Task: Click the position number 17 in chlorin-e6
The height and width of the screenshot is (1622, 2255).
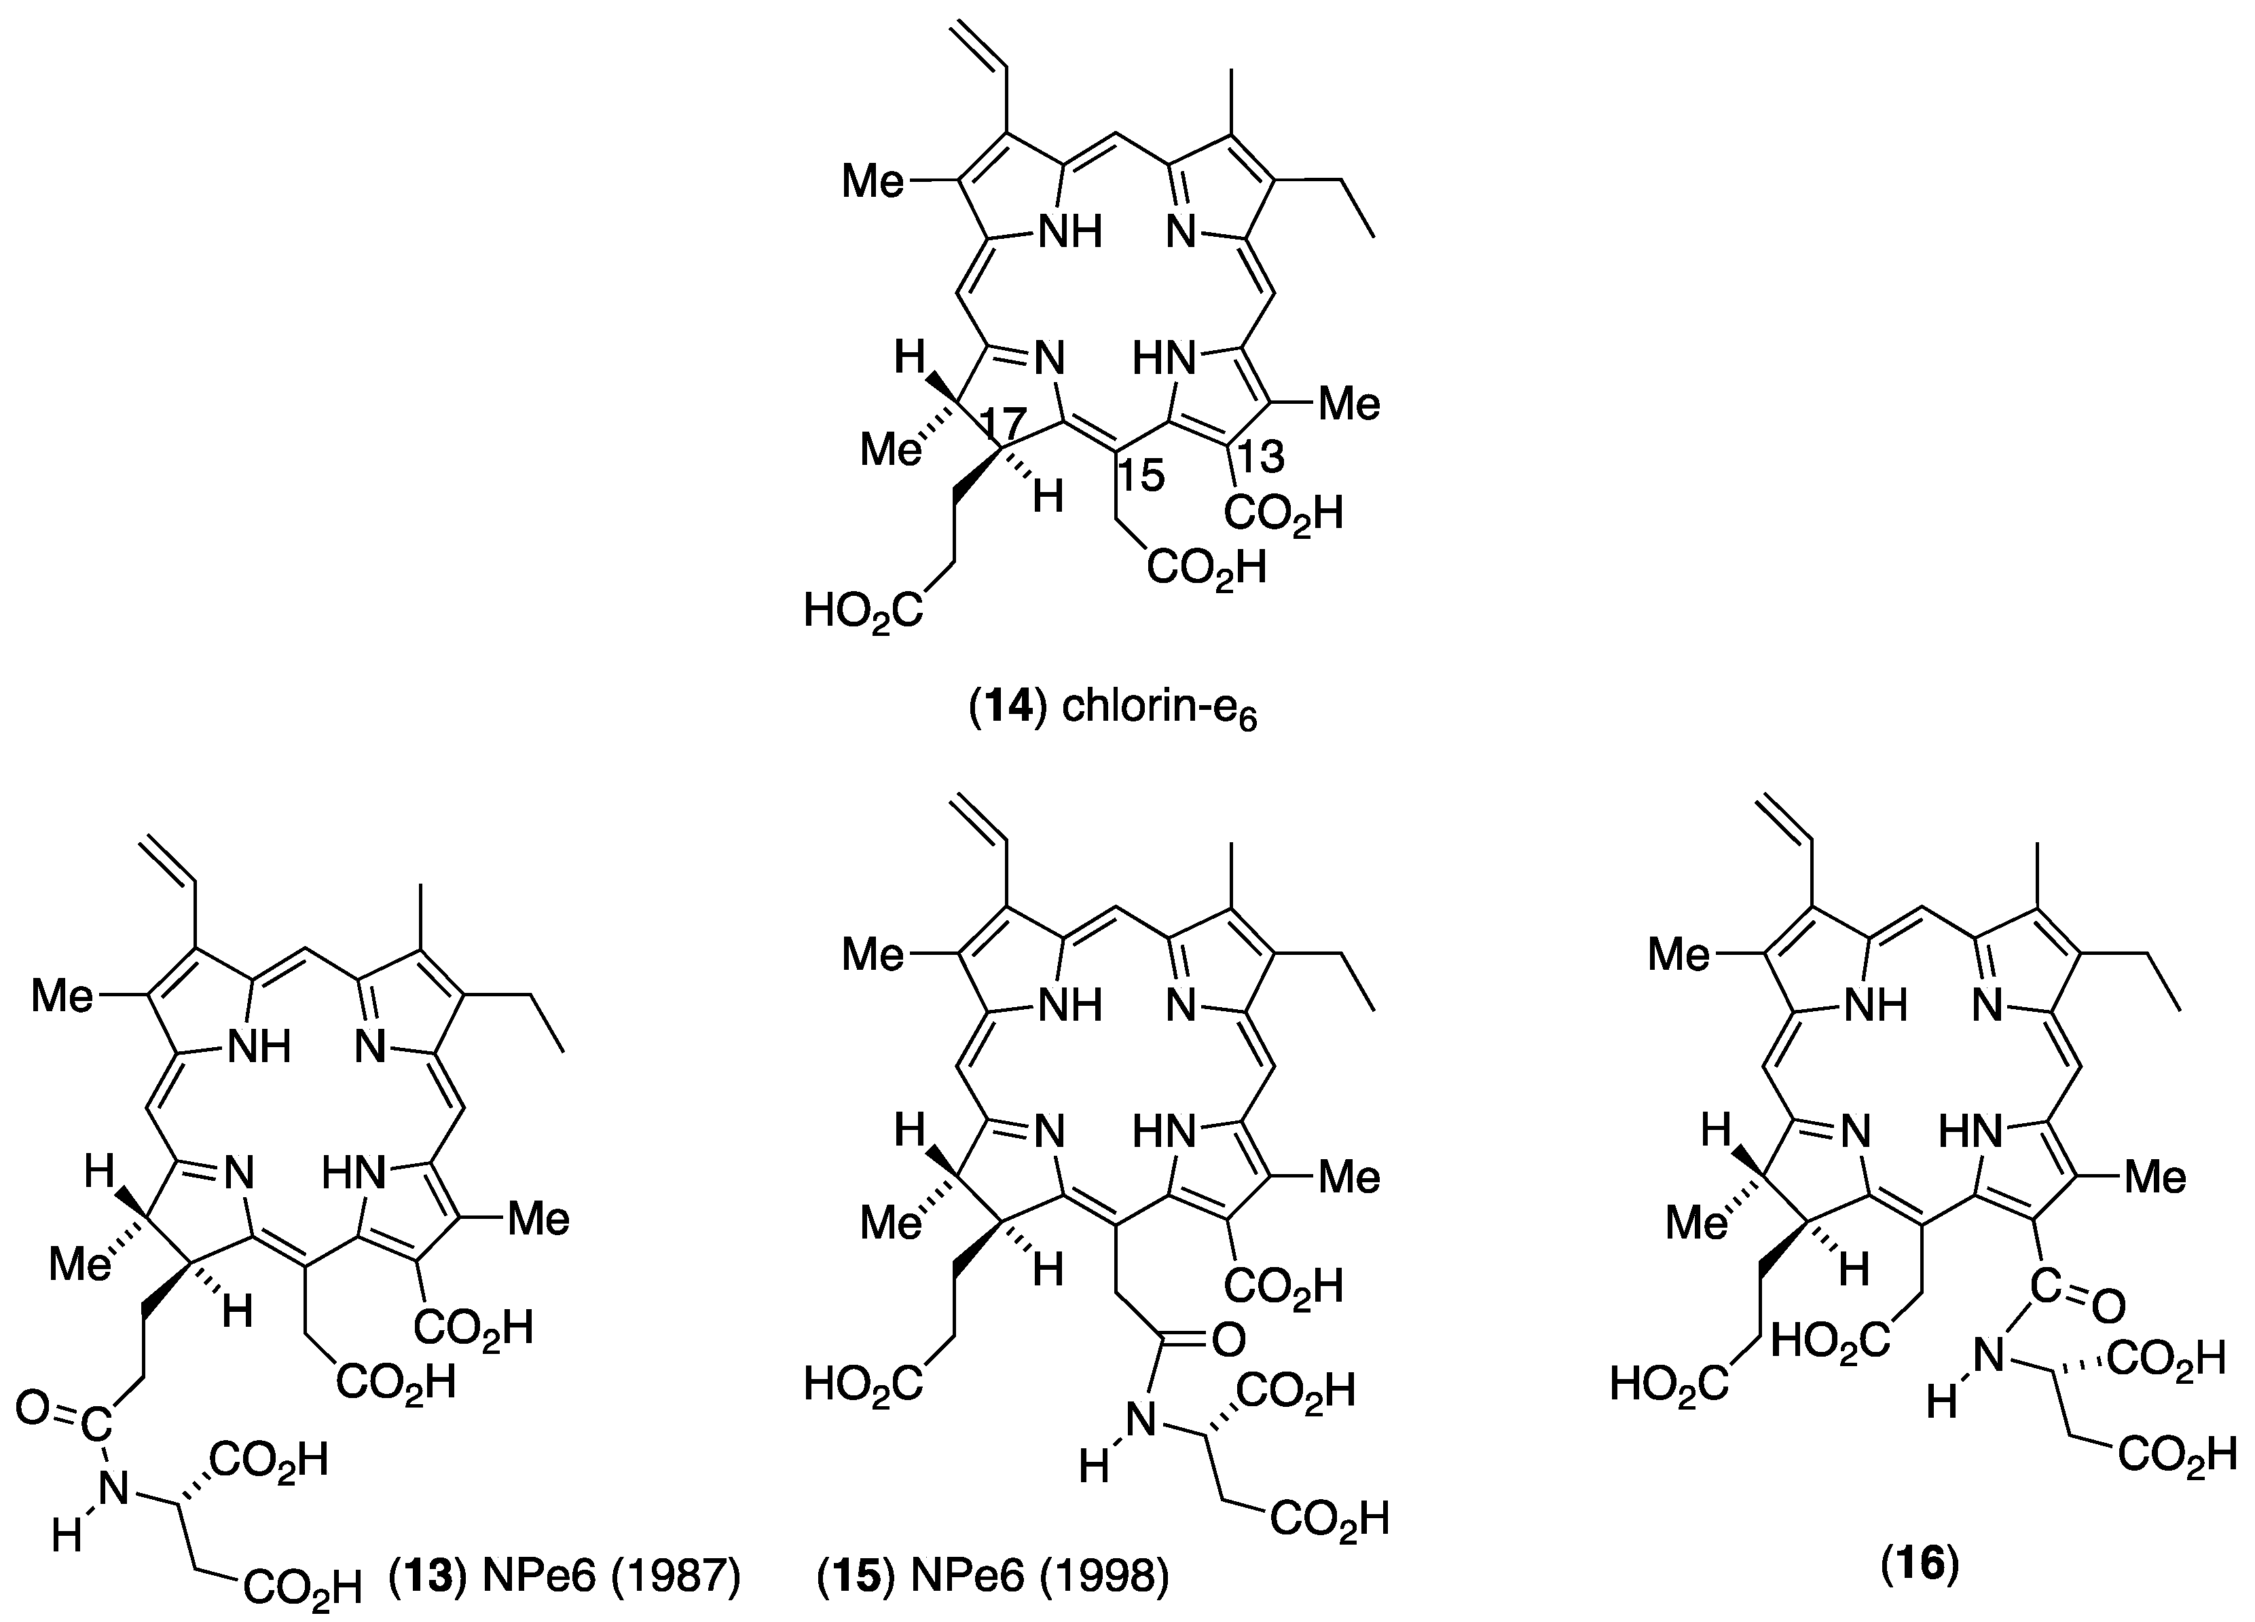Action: (x=1006, y=426)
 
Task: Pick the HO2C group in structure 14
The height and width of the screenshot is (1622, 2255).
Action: (x=862, y=612)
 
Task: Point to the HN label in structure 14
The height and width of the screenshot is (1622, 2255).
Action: (x=1165, y=360)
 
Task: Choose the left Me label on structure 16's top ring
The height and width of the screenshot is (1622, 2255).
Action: (x=1679, y=955)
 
